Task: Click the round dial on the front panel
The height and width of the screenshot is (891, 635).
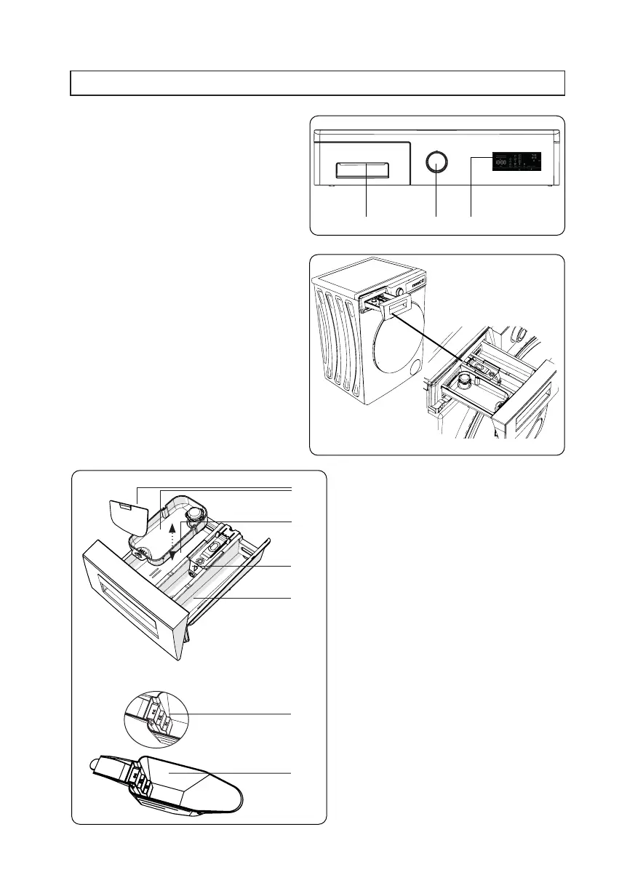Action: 435,161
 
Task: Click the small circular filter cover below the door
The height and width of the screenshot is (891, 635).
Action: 415,368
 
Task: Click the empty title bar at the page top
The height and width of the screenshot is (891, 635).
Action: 317,83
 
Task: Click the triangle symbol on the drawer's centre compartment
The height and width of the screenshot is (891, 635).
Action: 196,559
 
